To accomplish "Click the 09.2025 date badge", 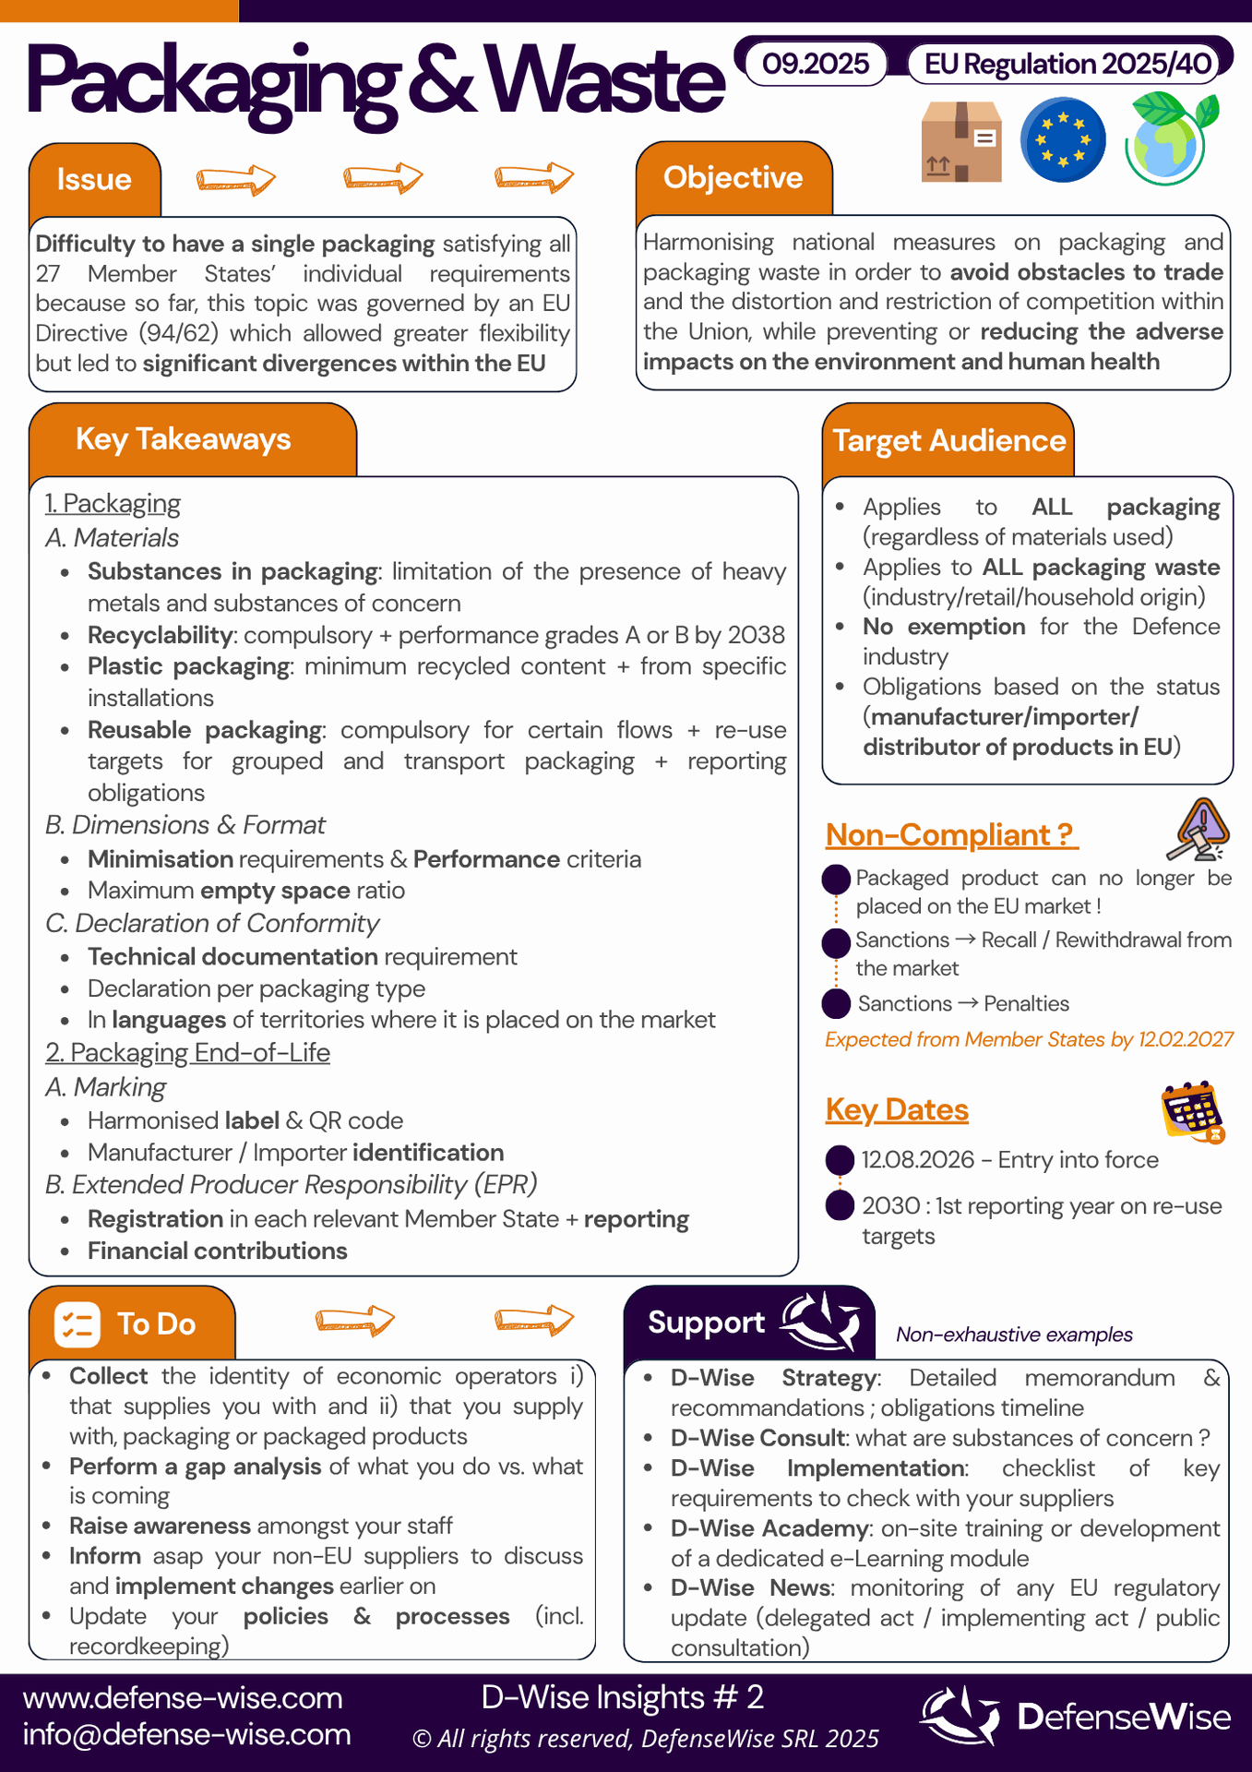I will coord(816,64).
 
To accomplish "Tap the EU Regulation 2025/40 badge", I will coord(1068,64).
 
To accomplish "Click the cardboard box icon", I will coord(961,141).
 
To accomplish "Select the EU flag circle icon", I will coord(1063,140).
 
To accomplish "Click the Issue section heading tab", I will coord(94,179).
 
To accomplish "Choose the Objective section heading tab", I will coord(733,177).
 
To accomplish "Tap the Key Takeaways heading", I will coord(183,439).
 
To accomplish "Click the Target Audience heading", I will coord(948,441).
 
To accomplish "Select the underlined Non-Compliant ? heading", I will coord(950,834).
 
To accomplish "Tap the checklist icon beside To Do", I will coord(77,1324).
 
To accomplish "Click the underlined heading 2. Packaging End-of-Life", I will coord(187,1052).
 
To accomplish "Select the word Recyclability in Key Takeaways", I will coord(160,635).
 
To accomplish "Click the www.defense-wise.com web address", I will coord(183,1698).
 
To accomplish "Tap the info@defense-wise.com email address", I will coord(186,1734).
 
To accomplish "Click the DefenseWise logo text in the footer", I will coord(1123,1717).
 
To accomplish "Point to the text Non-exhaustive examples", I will coord(1014,1335).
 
